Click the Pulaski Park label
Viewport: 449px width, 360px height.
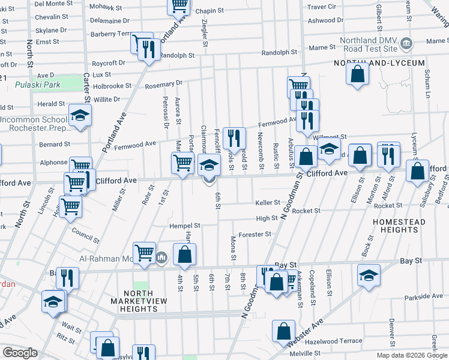(x=38, y=85)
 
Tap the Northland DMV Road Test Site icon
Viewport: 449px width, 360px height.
(x=406, y=43)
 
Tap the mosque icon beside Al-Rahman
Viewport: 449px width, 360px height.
(x=161, y=258)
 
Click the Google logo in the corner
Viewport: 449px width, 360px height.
(x=20, y=352)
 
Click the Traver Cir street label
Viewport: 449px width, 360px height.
(x=322, y=7)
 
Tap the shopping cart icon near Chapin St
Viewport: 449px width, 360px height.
(x=178, y=5)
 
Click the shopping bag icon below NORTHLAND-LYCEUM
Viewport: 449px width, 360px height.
(x=357, y=74)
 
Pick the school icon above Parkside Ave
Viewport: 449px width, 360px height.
(x=369, y=275)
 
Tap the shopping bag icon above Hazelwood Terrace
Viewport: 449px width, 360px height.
(x=283, y=331)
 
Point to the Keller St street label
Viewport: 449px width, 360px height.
(x=268, y=203)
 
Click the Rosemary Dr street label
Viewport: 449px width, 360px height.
(x=163, y=84)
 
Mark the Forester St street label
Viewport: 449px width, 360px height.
(x=255, y=235)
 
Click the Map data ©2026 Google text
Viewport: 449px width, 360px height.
(x=412, y=355)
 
